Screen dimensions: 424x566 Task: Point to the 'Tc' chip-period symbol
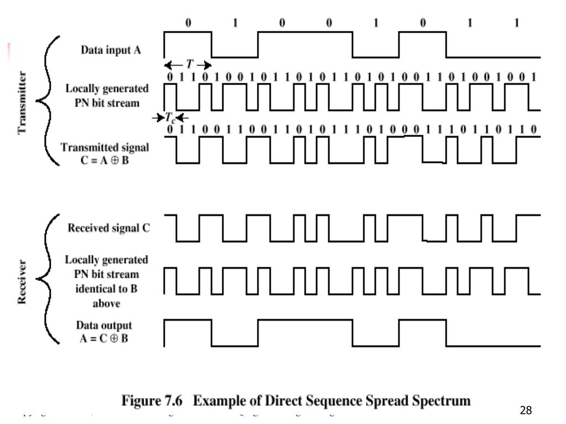(170, 119)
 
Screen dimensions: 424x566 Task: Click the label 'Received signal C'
(108, 227)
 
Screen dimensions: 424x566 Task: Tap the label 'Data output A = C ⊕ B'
(104, 331)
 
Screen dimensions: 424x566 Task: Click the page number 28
(526, 410)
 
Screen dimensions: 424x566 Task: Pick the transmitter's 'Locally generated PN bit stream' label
(107, 95)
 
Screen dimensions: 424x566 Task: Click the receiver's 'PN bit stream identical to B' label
(106, 280)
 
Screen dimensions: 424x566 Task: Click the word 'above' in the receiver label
(106, 303)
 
